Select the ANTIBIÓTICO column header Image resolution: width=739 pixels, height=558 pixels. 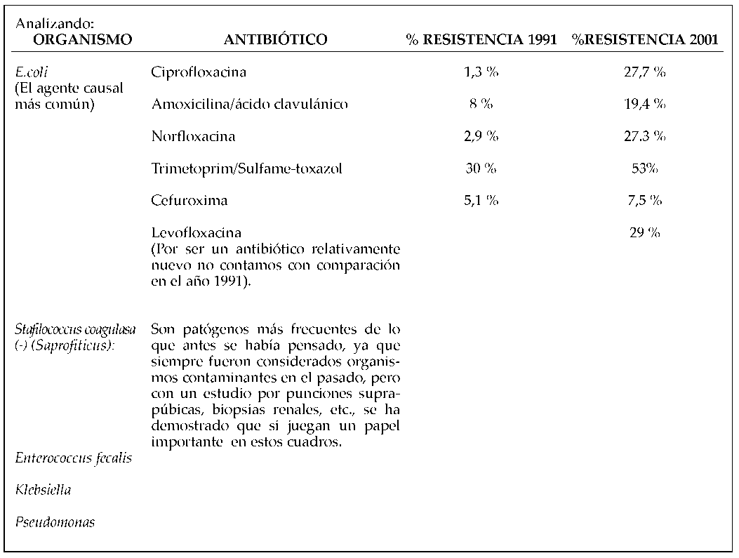point(275,40)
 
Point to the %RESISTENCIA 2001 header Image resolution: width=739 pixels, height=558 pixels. point(644,40)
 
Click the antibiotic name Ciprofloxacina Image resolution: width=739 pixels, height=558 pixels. point(199,72)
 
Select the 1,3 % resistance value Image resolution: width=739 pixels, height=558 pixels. point(481,72)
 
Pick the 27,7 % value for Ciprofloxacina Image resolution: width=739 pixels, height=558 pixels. point(644,72)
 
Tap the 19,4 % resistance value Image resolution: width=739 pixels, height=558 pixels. point(644,105)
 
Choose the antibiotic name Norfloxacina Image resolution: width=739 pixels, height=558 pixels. point(193,136)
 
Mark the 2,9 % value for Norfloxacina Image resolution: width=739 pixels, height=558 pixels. point(481,136)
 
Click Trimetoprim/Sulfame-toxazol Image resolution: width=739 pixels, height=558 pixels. point(246,168)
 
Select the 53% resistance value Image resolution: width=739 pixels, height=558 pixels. point(644,168)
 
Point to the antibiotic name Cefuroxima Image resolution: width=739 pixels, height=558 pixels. point(189,201)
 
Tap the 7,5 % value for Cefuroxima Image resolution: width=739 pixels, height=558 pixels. point(644,201)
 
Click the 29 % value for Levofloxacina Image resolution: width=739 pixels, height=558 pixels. point(644,233)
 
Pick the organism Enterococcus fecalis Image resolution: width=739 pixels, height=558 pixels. point(74,458)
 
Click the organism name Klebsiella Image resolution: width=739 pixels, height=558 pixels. point(43,490)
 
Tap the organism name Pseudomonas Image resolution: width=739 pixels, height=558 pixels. point(55,522)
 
